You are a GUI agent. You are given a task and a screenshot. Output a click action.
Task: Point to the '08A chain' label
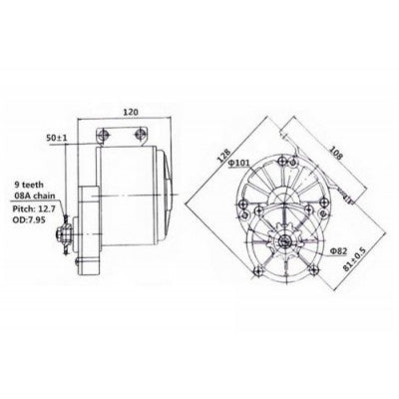coord(32,198)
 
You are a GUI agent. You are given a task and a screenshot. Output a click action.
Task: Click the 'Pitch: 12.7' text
coord(32,211)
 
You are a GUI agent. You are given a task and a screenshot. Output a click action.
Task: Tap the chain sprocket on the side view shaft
coord(66,236)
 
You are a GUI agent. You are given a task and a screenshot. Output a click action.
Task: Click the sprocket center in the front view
coord(286,241)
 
